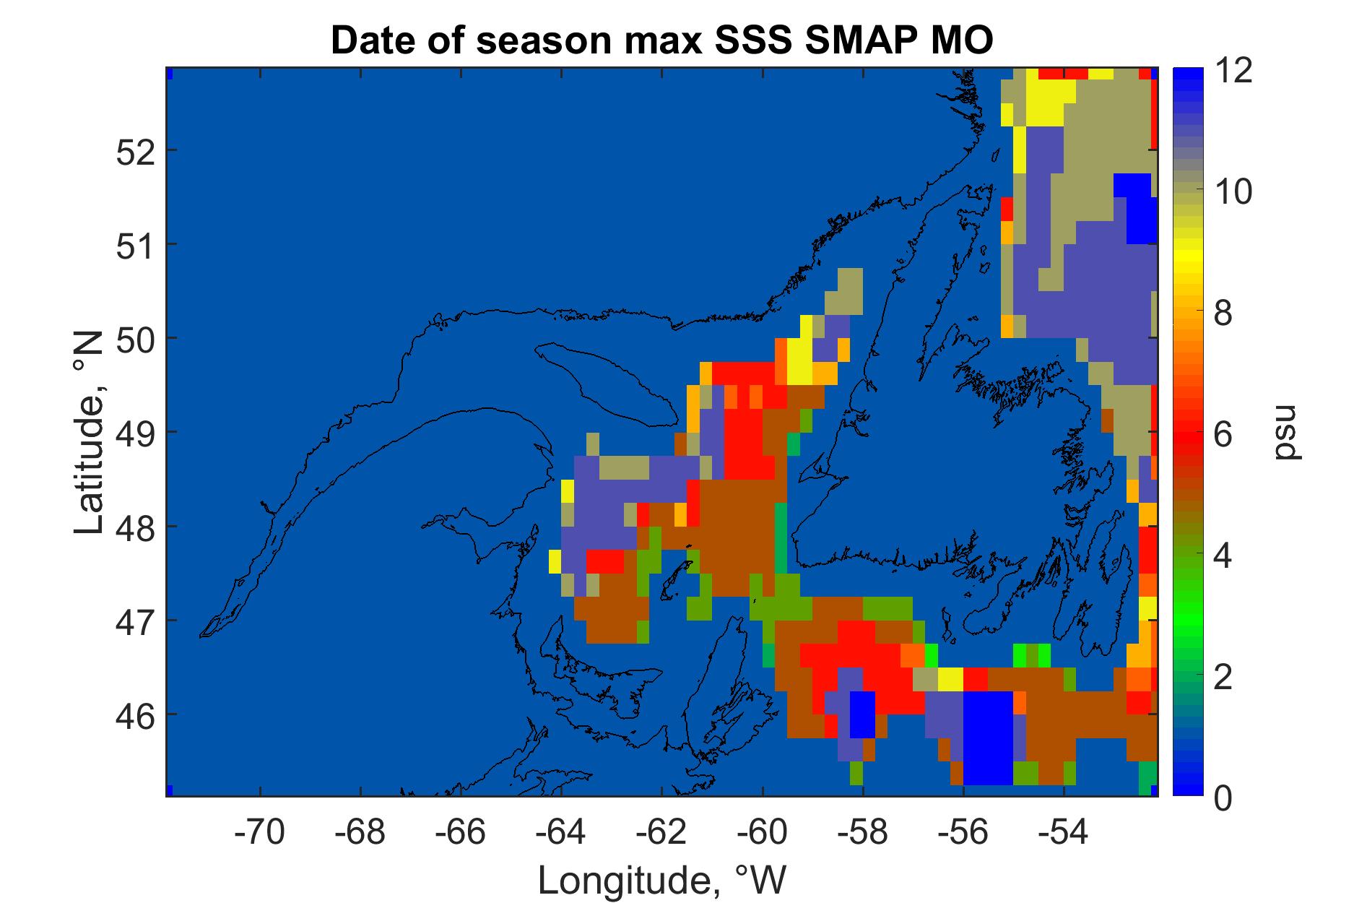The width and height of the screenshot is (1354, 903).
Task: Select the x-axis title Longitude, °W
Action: (661, 880)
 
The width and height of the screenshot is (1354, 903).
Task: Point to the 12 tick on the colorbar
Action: (1234, 72)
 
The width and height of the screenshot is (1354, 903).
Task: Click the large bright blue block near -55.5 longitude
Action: (988, 738)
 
